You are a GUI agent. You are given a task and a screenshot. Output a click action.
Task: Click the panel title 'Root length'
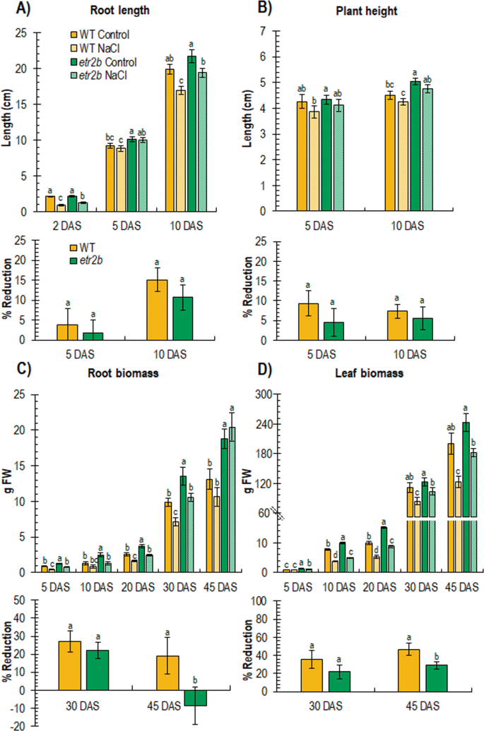117,11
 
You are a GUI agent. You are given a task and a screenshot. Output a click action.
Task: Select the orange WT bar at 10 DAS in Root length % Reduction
158,310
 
